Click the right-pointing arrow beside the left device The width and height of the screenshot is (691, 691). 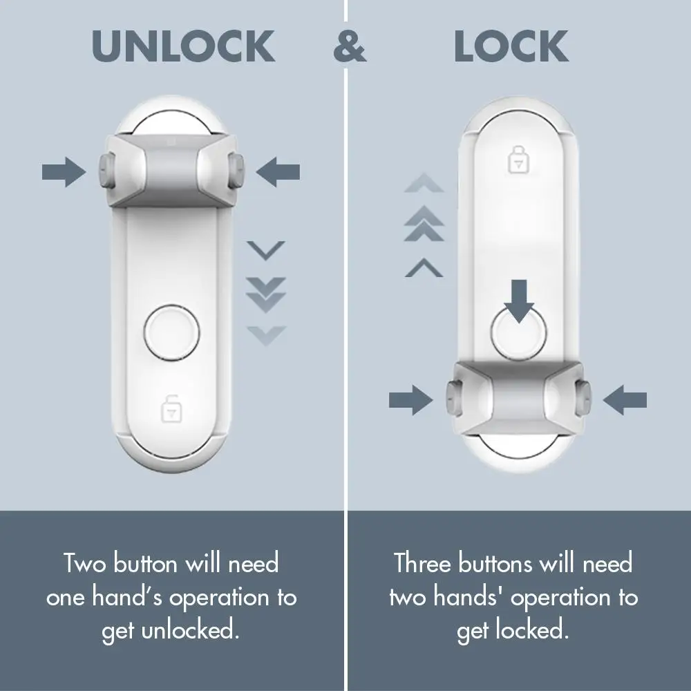[64, 171]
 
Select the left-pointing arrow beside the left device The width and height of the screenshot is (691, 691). [278, 171]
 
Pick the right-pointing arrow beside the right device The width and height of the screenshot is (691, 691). [411, 399]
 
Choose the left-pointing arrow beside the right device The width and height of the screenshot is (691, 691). [625, 399]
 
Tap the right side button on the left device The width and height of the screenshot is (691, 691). [237, 169]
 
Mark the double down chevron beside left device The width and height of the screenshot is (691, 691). [266, 293]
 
